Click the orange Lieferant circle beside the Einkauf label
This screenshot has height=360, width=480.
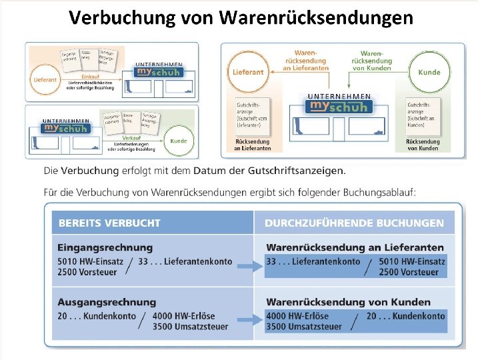pyautogui.click(x=44, y=79)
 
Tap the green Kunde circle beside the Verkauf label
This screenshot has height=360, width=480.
pyautogui.click(x=178, y=141)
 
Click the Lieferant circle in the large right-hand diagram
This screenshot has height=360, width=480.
pyautogui.click(x=248, y=71)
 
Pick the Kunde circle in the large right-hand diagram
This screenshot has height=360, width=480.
pyautogui.click(x=429, y=71)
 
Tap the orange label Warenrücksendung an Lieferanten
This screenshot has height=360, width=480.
pyautogui.click(x=305, y=60)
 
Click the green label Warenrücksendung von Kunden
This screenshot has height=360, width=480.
pyautogui.click(x=371, y=60)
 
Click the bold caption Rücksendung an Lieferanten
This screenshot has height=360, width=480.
pyautogui.click(x=253, y=145)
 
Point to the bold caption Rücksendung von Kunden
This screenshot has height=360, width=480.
pyautogui.click(x=423, y=145)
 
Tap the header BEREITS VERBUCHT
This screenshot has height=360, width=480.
pyautogui.click(x=109, y=223)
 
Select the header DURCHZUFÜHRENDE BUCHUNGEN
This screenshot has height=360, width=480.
pyautogui.click(x=354, y=223)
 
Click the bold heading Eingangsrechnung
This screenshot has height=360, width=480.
pyautogui.click(x=105, y=248)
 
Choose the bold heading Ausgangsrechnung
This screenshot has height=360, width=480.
pyautogui.click(x=107, y=303)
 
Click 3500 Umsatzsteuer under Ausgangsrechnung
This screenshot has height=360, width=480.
pyautogui.click(x=190, y=327)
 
